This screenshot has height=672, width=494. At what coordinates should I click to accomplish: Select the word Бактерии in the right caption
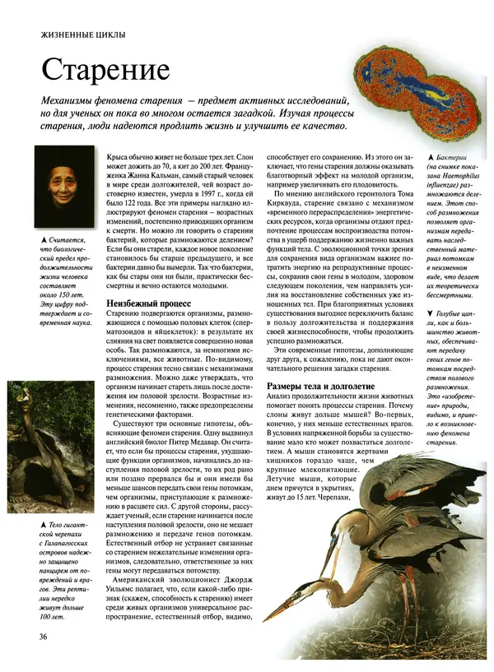[x=449, y=156]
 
